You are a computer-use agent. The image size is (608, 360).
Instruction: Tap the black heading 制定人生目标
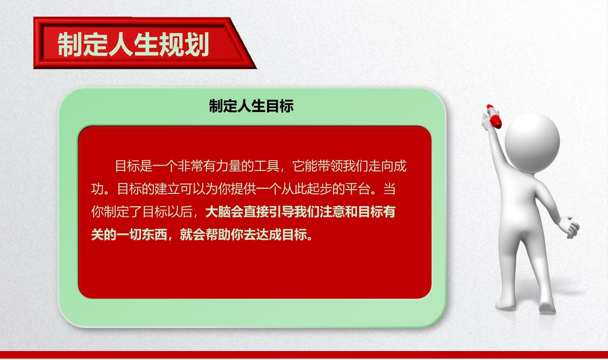pyautogui.click(x=252, y=106)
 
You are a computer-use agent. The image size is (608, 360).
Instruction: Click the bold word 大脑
pyautogui.click(x=218, y=212)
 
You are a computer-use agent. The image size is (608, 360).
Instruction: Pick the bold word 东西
pyautogui.click(x=154, y=235)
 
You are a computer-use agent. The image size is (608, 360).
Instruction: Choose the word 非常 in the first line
pyautogui.click(x=190, y=166)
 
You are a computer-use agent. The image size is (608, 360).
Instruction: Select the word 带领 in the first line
pyautogui.click(x=330, y=166)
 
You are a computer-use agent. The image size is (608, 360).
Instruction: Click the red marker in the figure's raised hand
pyautogui.click(x=494, y=116)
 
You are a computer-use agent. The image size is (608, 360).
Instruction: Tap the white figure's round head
pyautogui.click(x=532, y=143)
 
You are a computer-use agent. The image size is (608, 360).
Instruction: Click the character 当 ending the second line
pyautogui.click(x=389, y=189)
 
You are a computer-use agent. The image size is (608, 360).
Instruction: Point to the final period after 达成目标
pyautogui.click(x=310, y=238)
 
